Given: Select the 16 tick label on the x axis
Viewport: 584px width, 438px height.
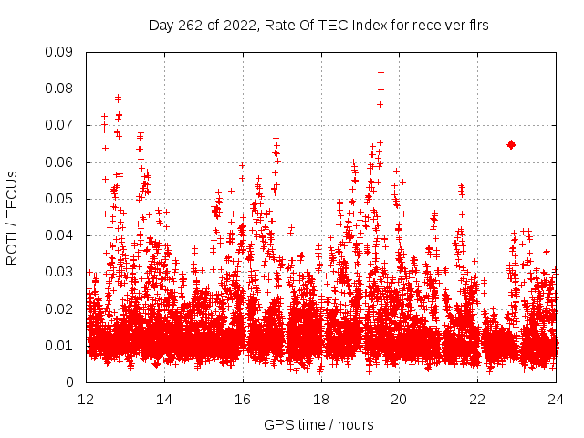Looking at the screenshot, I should [x=243, y=399].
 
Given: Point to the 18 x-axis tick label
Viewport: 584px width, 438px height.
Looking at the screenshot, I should [x=321, y=399].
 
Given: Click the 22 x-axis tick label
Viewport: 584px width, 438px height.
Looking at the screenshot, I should [x=477, y=399].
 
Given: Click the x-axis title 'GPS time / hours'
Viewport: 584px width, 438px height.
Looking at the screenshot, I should [x=318, y=424].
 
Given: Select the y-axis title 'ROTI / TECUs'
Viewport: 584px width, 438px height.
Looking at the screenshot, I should [x=12, y=217].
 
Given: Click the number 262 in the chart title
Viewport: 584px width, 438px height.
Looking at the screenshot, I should [x=191, y=26].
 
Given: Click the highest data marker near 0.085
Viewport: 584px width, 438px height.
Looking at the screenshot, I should [x=381, y=72].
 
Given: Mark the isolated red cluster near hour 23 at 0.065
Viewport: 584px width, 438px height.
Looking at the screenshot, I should [x=511, y=144].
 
